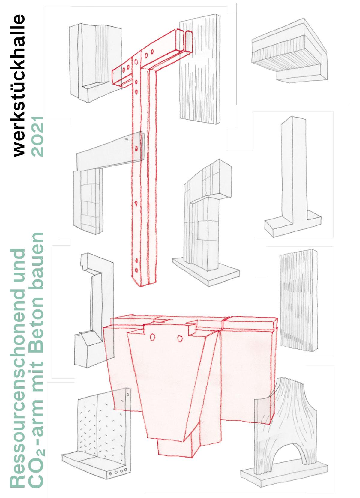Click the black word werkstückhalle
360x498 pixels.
[x=19, y=85]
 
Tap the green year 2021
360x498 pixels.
[x=37, y=136]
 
